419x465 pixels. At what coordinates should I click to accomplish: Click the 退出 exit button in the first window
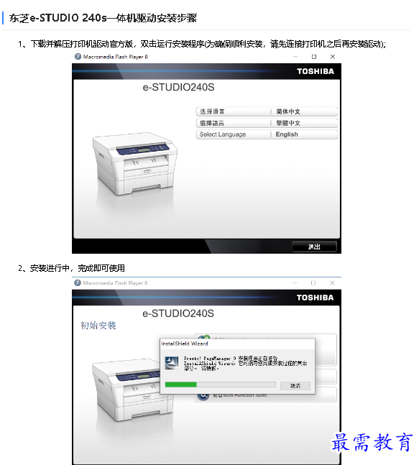314,247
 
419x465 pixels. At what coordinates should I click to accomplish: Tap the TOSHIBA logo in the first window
316,71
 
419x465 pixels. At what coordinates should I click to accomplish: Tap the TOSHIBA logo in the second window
316,298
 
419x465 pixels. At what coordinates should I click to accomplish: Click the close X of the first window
331,56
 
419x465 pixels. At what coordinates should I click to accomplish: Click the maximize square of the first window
314,56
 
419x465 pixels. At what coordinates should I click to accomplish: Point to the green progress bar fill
180,385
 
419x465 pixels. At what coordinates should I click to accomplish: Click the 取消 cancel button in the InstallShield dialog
295,386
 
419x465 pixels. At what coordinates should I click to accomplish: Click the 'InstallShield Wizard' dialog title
185,344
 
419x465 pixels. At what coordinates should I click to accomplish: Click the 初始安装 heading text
98,326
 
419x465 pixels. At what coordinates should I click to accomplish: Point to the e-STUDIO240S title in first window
178,88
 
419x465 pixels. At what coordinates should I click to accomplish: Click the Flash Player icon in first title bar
78,56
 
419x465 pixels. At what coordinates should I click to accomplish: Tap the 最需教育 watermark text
372,442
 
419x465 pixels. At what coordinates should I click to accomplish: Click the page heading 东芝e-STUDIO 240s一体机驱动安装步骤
103,18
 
